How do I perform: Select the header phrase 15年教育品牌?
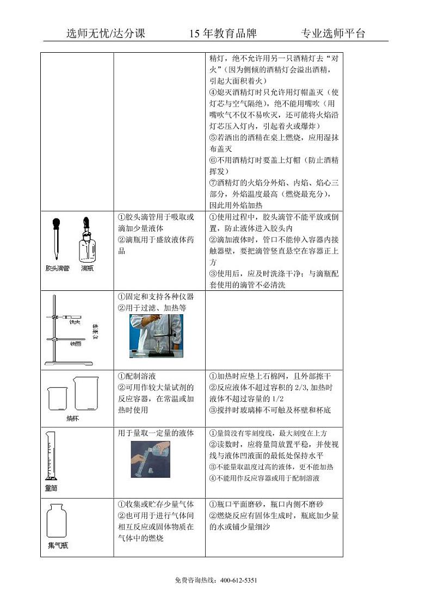coord(223,34)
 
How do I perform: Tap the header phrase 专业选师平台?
coord(333,34)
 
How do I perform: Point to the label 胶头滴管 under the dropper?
coord(57,269)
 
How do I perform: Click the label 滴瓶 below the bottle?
coord(87,269)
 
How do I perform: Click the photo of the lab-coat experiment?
coord(155,336)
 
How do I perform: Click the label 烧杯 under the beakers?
coord(73,418)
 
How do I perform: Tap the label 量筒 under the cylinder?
coord(51,488)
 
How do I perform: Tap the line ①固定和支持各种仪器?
coord(156,297)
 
